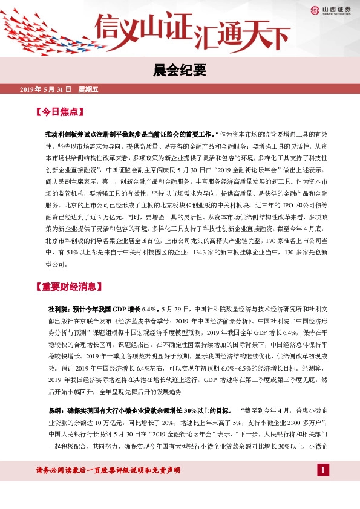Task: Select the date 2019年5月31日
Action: (45, 89)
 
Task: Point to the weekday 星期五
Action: (88, 89)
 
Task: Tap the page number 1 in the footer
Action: (324, 487)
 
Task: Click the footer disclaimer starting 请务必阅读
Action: (109, 487)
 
